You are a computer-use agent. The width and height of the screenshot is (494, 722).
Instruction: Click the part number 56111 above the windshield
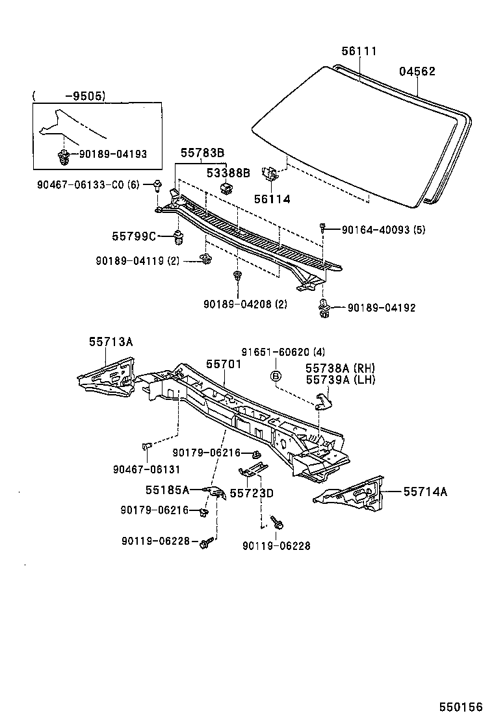pos(359,51)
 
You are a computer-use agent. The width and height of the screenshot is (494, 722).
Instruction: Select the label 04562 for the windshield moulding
pos(417,71)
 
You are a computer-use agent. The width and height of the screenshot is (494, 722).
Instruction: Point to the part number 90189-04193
pos(112,155)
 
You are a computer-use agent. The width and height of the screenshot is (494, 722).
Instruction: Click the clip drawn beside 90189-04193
pos(64,155)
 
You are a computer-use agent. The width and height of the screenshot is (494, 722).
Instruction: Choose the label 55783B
pos(202,153)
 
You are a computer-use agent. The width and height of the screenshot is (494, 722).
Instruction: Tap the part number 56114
pos(272,200)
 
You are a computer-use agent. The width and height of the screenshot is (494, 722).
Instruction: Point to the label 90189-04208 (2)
pos(245,304)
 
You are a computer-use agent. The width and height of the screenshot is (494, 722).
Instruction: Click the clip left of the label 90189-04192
pos(323,308)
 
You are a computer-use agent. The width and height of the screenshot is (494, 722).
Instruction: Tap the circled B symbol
pos(276,376)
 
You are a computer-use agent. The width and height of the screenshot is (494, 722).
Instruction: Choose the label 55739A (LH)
pos(341,380)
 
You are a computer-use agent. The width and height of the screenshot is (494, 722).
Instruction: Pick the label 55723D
pos(252,493)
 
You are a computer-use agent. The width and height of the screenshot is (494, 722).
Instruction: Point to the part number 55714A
pos(425,492)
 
